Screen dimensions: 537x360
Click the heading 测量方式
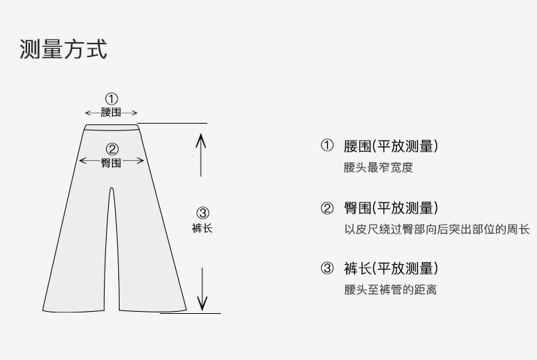[63, 50]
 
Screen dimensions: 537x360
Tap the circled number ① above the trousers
[111, 99]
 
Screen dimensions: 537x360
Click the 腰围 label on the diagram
[111, 113]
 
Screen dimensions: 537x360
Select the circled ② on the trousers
[112, 149]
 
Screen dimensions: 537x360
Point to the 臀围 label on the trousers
[111, 163]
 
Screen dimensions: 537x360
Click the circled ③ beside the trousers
[202, 213]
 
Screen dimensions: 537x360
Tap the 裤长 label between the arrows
[202, 228]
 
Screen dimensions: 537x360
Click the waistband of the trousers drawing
[111, 126]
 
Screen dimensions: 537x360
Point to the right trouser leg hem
[152, 310]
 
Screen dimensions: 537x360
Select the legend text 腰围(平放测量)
[391, 146]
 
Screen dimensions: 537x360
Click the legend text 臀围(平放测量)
[391, 208]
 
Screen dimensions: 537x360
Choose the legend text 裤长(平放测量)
[391, 268]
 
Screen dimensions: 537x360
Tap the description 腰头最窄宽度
[378, 168]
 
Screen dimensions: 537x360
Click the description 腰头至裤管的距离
[390, 290]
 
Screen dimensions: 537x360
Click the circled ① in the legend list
[328, 146]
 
